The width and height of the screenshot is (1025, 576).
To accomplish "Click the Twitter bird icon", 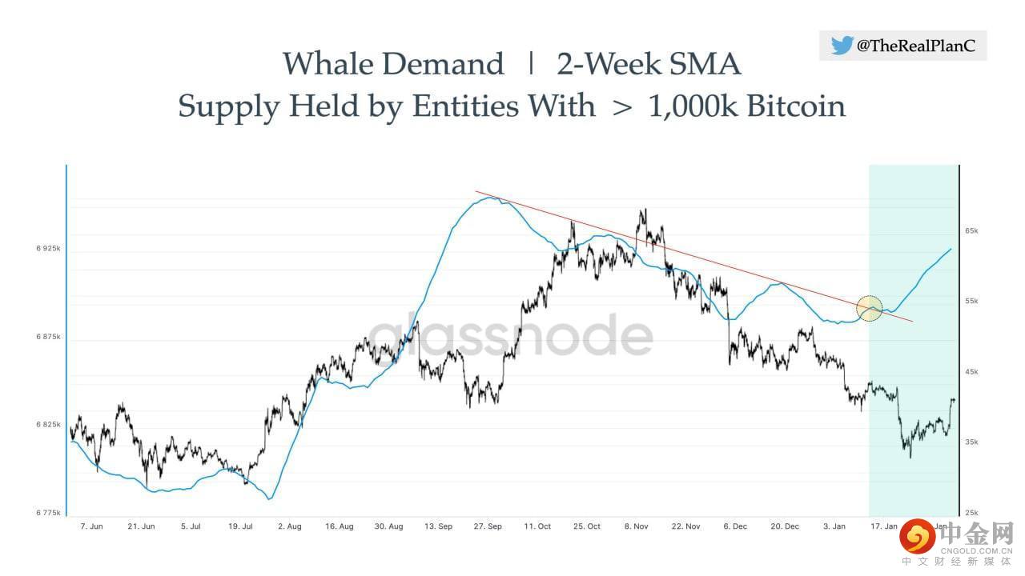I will [842, 46].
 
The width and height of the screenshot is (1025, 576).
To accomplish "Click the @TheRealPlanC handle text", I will [916, 46].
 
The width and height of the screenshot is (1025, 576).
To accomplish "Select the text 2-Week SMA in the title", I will [649, 64].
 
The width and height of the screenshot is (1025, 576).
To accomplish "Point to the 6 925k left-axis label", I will [48, 249].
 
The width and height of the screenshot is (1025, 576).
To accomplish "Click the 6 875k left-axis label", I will [48, 337].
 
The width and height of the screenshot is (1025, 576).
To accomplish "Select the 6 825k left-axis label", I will [48, 424].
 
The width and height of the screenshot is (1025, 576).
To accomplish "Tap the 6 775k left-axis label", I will [48, 512].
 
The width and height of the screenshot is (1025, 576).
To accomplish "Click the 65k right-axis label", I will [971, 230].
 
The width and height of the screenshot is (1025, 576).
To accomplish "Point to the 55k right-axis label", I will [971, 301].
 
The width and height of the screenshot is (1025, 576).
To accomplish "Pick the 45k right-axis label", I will [971, 371].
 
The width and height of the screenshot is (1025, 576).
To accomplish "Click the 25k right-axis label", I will [971, 513].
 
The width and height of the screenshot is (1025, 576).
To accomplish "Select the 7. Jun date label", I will [91, 526].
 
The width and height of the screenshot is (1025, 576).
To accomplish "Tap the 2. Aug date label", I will [289, 526].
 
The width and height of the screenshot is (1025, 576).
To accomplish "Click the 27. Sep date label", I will [488, 526].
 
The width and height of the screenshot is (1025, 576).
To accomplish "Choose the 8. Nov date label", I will [636, 526].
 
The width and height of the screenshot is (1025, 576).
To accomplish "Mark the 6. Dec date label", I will [735, 526].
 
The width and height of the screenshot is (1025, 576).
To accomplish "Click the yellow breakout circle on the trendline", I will [870, 308].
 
